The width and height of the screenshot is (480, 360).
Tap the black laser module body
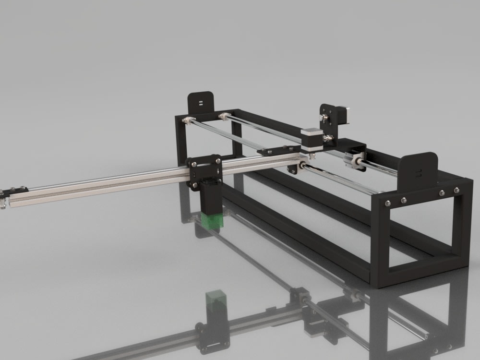[210, 198]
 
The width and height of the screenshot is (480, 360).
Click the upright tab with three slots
[420, 170]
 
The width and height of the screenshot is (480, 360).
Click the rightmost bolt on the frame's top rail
[454, 192]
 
